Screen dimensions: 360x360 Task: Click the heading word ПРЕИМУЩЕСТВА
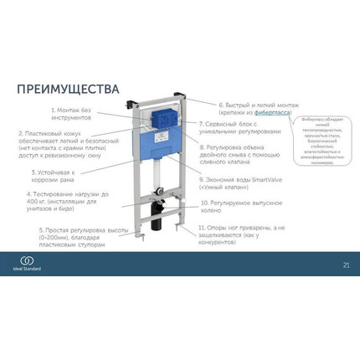68,89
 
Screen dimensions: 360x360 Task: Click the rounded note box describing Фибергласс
327,139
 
